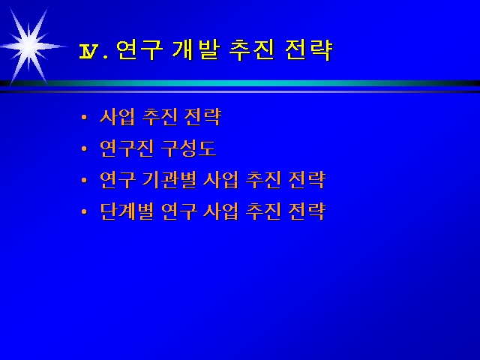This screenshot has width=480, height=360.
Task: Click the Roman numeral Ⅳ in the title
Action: click(x=89, y=51)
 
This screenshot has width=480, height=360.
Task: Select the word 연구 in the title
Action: click(x=139, y=49)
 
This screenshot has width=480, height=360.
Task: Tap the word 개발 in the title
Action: click(x=196, y=49)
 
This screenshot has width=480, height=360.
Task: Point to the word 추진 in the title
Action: click(x=252, y=49)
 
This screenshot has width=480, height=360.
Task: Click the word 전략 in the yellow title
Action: click(x=308, y=49)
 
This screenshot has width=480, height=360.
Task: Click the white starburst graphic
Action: click(x=29, y=46)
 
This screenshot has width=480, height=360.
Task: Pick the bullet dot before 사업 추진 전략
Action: click(x=84, y=117)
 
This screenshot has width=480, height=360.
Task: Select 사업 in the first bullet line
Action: click(x=118, y=117)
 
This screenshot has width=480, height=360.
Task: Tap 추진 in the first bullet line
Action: click(x=160, y=117)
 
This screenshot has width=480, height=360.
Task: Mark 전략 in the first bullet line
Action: click(x=202, y=117)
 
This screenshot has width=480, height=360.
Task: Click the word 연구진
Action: click(x=127, y=148)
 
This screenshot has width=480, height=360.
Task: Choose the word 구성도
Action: click(x=188, y=148)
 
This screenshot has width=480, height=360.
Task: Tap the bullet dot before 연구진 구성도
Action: click(x=84, y=148)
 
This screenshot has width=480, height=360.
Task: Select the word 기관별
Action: click(x=169, y=180)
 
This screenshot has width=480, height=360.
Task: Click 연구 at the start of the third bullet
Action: click(x=118, y=180)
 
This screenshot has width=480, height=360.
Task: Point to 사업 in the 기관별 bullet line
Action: click(x=221, y=180)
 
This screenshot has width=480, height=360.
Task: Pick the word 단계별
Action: click(x=127, y=211)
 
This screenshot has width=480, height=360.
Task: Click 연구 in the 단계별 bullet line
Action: click(x=178, y=211)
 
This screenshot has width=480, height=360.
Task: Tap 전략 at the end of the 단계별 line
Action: click(x=307, y=211)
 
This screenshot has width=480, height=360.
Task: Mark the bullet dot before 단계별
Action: click(x=84, y=211)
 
